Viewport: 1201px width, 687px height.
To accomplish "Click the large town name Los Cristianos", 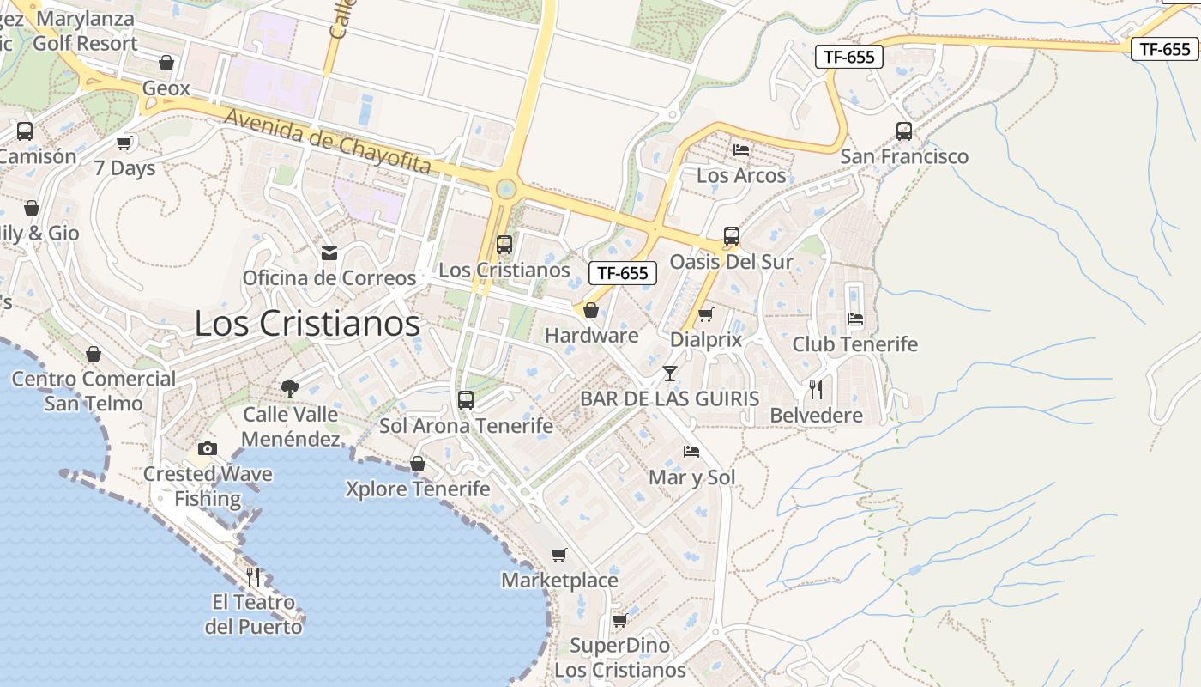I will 307,324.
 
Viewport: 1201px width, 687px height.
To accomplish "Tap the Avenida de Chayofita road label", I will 328,142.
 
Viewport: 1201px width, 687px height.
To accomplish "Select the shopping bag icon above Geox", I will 166,63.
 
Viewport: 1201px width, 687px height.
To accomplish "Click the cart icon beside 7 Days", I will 124,143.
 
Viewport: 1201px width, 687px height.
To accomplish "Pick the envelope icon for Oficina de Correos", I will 329,253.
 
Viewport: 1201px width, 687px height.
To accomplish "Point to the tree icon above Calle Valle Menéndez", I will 290,389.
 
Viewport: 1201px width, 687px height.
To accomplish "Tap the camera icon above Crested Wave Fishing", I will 207,448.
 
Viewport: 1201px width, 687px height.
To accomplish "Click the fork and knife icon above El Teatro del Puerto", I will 253,576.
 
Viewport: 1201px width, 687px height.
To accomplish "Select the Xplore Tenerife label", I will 418,489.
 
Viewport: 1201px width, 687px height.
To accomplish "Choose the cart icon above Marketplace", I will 559,555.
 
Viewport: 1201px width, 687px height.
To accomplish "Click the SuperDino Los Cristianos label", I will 619,658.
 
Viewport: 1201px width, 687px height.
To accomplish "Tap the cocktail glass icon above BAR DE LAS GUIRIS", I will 670,374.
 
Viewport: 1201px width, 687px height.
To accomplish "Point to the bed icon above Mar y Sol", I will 691,452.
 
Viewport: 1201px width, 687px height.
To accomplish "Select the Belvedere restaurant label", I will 816,416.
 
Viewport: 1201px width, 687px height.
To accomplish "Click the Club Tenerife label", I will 854,344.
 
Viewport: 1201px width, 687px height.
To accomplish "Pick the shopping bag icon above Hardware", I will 591,310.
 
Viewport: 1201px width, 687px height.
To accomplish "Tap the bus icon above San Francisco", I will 904,131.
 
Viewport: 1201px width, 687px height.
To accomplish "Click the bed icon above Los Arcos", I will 741,149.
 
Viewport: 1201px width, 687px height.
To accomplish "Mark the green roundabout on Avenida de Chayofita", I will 506,188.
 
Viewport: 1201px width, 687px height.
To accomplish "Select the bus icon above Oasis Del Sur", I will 732,236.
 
